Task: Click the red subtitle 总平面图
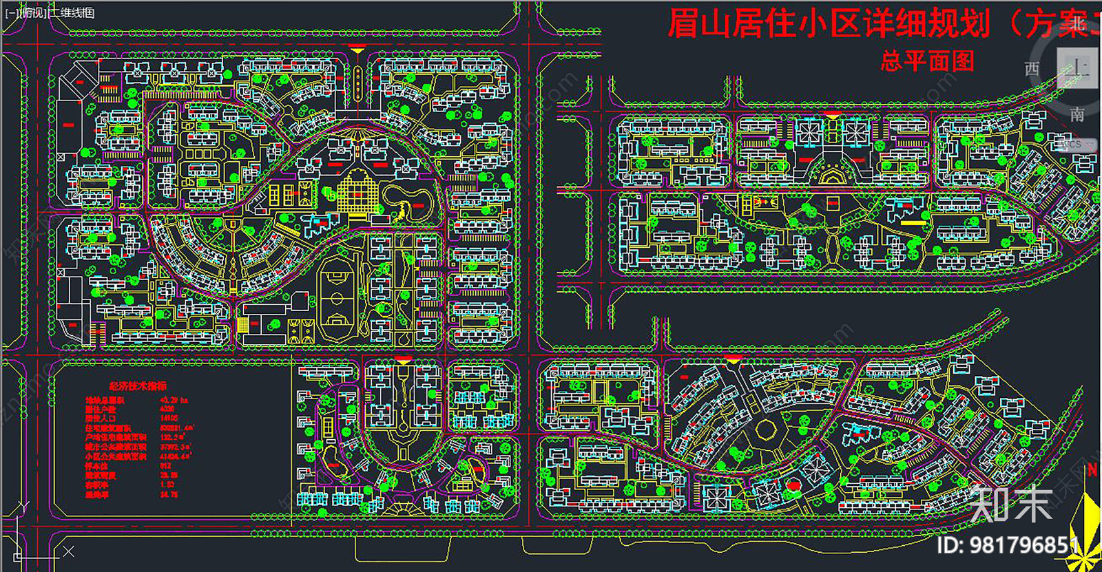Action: (x=927, y=62)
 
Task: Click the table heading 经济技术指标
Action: (x=138, y=386)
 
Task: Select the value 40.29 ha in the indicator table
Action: (x=174, y=400)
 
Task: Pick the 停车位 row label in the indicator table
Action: (x=96, y=466)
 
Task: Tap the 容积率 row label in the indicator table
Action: (x=96, y=485)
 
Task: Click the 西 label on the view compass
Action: (x=1032, y=69)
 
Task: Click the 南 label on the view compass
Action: (x=1077, y=114)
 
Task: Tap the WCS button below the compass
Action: (x=1070, y=145)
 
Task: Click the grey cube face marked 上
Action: (x=1077, y=67)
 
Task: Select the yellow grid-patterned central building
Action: (x=357, y=191)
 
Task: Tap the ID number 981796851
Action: (x=1023, y=546)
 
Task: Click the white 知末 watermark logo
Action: (x=1011, y=504)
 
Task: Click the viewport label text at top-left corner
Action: (x=50, y=12)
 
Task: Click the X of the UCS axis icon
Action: (x=68, y=551)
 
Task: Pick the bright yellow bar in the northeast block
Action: (x=913, y=222)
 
